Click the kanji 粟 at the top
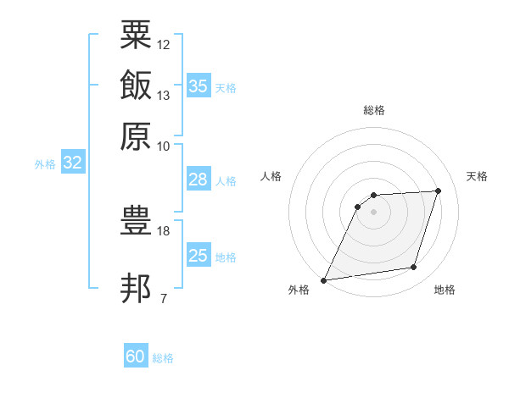(x=136, y=35)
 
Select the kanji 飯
(x=136, y=85)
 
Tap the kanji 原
(x=136, y=136)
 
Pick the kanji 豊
(x=136, y=220)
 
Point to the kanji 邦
(x=136, y=288)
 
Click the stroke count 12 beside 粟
(x=163, y=45)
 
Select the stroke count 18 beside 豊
(x=163, y=231)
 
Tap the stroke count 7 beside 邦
(x=164, y=298)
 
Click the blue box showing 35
(x=199, y=85)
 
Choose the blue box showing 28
(x=199, y=179)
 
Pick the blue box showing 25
(x=199, y=254)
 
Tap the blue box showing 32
(x=73, y=162)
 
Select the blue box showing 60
(x=136, y=355)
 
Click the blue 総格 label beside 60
(x=163, y=358)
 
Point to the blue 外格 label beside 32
(x=45, y=164)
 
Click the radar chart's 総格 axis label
(x=374, y=110)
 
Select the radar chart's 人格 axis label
(x=271, y=176)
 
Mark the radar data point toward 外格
(x=323, y=280)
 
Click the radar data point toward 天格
(x=438, y=191)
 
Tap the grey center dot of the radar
(x=373, y=212)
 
